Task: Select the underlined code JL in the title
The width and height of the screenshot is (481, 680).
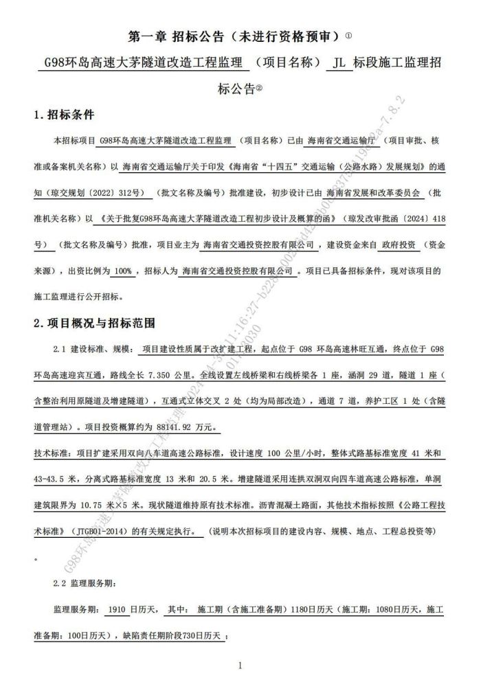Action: coord(335,63)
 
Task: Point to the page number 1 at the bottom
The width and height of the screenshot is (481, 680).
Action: coord(240,664)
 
